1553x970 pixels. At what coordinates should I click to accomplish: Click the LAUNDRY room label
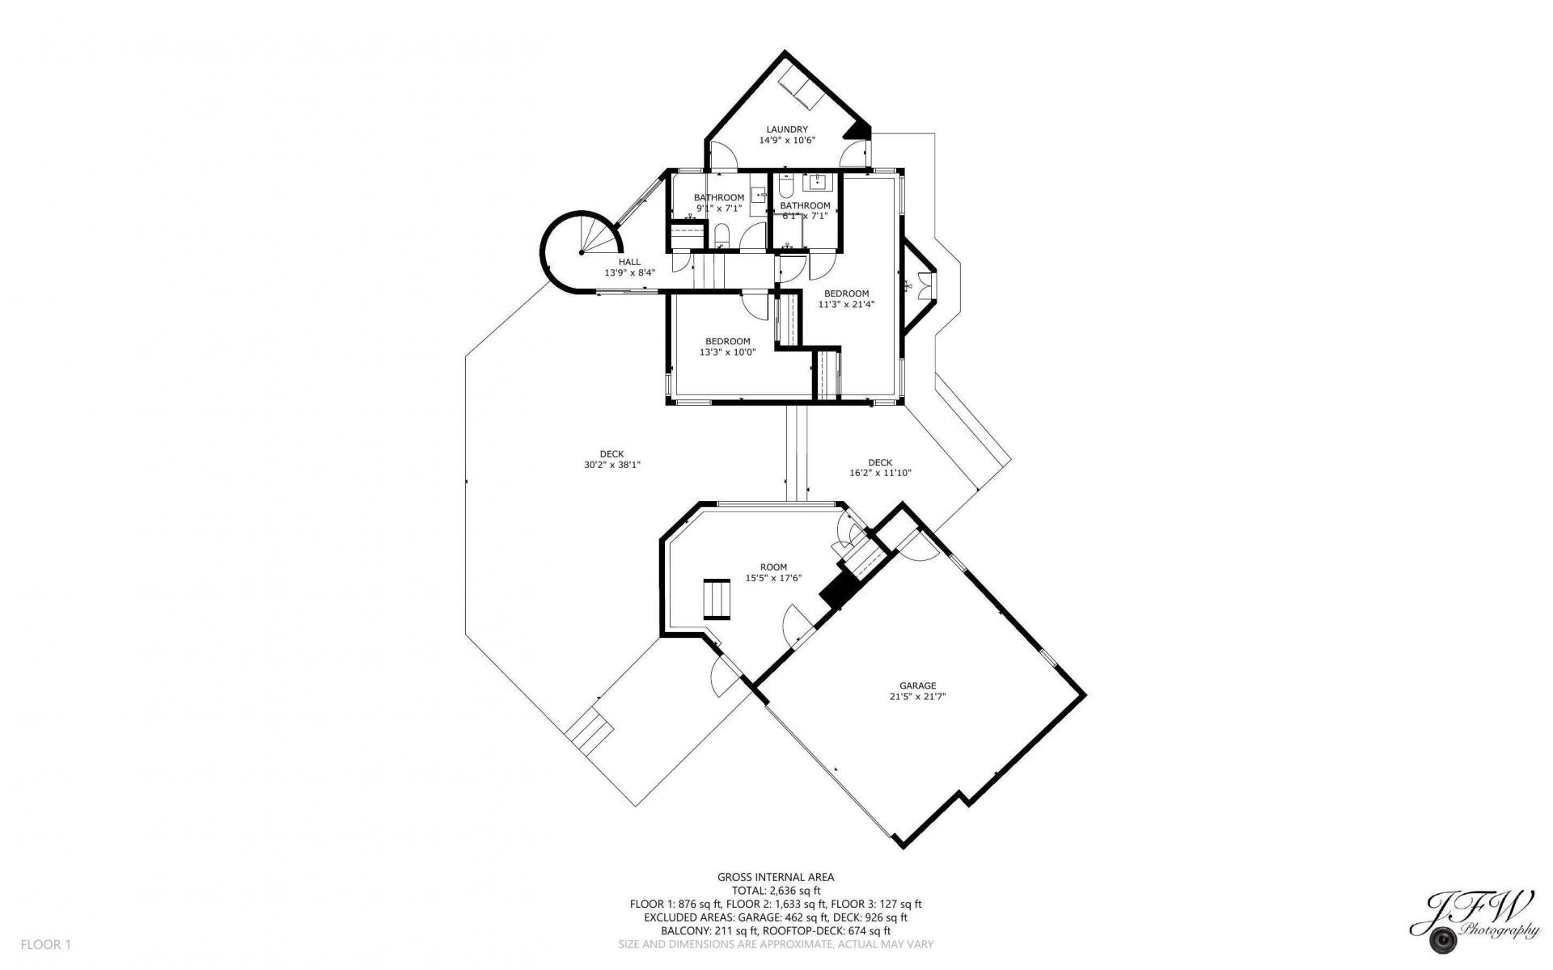click(x=787, y=129)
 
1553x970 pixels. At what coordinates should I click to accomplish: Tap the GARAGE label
click(x=917, y=685)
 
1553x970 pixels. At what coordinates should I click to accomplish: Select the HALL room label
click(x=629, y=262)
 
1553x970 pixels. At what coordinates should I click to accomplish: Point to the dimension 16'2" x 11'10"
click(x=881, y=473)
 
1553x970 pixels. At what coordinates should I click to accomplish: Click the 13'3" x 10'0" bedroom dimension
click(x=727, y=352)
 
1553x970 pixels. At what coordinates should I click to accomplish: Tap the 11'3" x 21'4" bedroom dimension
click(x=846, y=305)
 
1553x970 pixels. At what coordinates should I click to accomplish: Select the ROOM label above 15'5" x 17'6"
click(x=773, y=567)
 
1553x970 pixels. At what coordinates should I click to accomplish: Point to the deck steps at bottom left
click(x=590, y=732)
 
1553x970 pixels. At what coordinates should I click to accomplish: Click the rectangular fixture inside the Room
click(x=717, y=599)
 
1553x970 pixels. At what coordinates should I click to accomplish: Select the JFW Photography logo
click(x=1474, y=927)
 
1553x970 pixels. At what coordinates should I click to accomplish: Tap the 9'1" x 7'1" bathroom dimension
click(x=719, y=208)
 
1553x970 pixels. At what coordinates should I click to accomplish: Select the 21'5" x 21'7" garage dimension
click(x=917, y=695)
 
